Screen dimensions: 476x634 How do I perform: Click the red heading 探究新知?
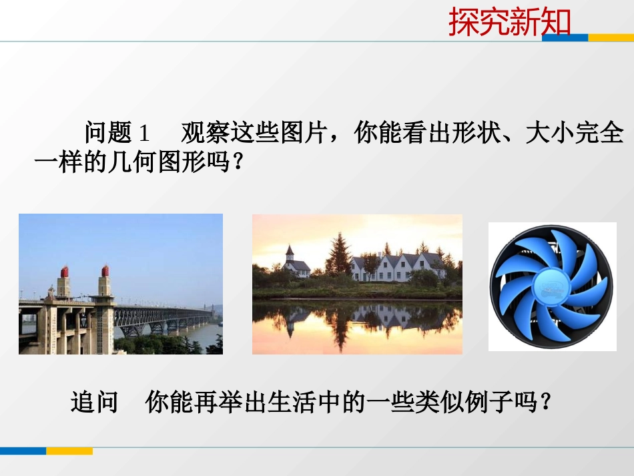(509, 22)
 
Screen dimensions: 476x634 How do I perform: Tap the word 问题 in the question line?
(108, 134)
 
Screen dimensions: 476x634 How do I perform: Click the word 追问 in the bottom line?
(94, 402)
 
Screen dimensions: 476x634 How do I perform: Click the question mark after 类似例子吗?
(545, 402)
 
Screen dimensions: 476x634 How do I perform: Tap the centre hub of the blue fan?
(552, 288)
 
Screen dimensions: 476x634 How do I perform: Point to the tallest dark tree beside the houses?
(340, 254)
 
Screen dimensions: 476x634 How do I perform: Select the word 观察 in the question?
(205, 134)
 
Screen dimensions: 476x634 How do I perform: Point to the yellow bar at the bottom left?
(69, 451)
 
